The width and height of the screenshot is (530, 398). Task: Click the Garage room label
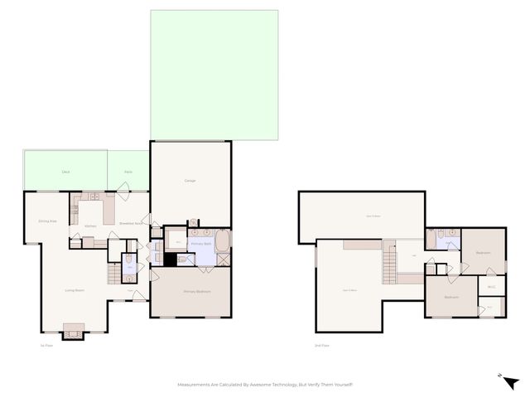pyautogui.click(x=190, y=182)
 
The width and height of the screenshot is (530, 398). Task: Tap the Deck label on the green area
pyautogui.click(x=65, y=172)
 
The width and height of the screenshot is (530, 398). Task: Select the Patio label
pyautogui.click(x=128, y=172)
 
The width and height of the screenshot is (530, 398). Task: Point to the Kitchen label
pyautogui.click(x=90, y=226)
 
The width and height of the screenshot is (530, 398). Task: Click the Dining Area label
pyautogui.click(x=47, y=221)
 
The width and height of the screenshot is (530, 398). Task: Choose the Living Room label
pyautogui.click(x=75, y=290)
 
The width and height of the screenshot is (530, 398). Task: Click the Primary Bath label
pyautogui.click(x=202, y=244)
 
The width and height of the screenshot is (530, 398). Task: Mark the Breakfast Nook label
pyautogui.click(x=131, y=223)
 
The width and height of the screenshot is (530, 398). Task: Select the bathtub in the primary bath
pyautogui.click(x=223, y=243)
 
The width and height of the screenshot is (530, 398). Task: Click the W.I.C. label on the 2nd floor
pyautogui.click(x=491, y=288)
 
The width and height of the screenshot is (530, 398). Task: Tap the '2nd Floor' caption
pyautogui.click(x=322, y=345)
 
